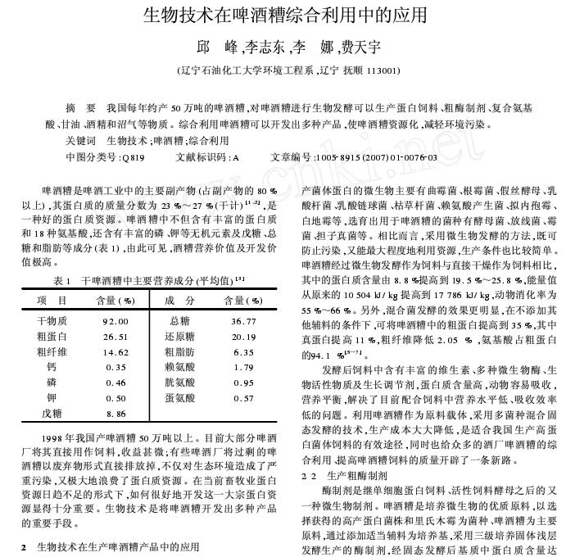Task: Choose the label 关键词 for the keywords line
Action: (80, 141)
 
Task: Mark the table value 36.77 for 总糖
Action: (243, 321)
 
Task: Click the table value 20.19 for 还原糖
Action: (243, 337)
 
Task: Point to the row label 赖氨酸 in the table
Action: (180, 368)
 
